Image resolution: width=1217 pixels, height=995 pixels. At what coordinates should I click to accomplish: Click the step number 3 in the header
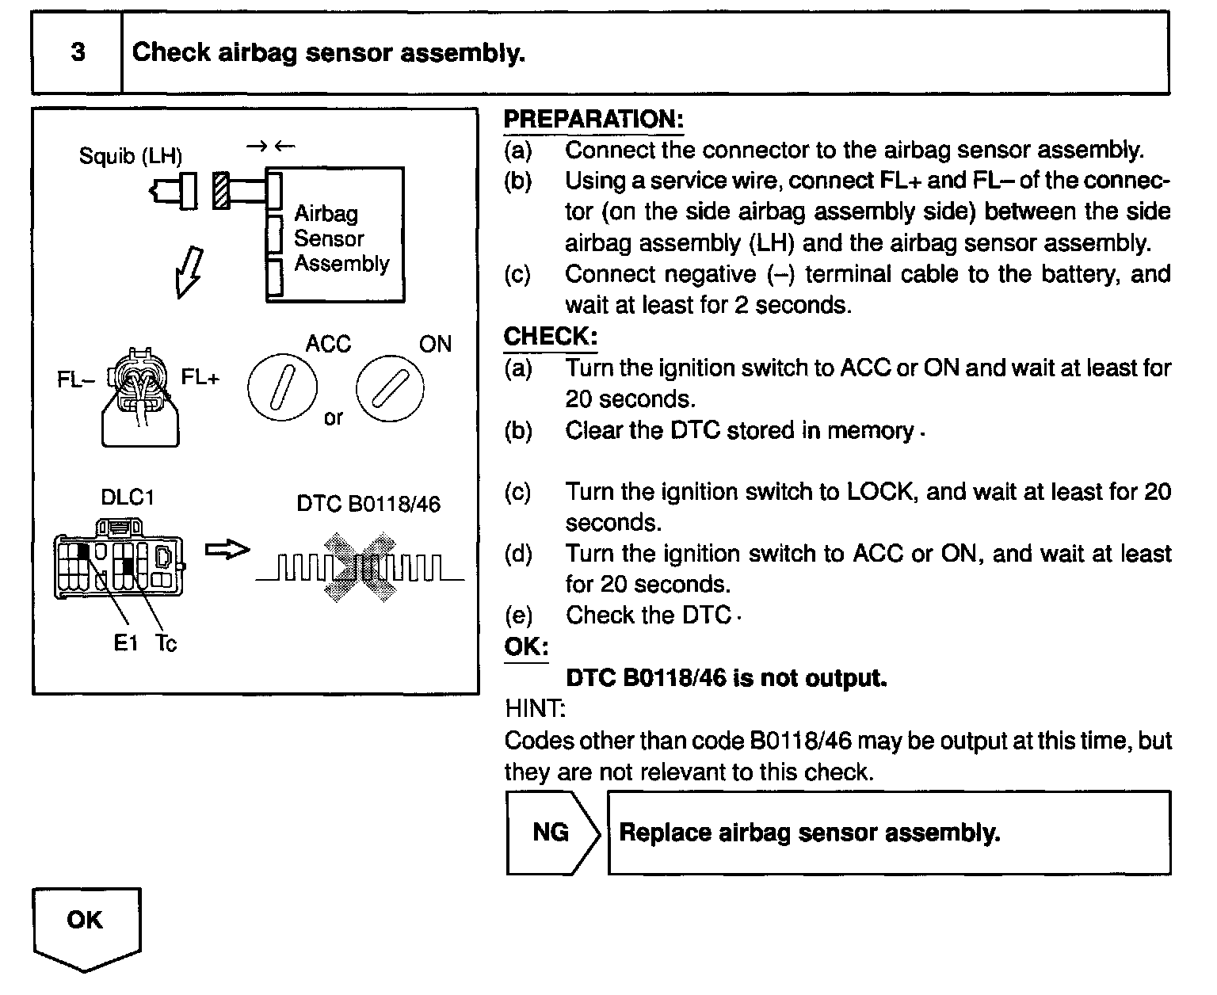78,52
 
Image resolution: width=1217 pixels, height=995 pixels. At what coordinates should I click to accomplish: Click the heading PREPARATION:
593,120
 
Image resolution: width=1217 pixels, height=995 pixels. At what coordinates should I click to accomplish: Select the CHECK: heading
550,336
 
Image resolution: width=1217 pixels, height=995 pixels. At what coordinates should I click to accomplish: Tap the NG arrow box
551,833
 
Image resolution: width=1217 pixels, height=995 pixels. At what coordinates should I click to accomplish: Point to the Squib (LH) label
130,156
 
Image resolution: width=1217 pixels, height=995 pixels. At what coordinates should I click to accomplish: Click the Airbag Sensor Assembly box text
341,238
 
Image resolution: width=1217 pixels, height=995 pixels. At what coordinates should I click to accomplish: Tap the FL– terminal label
74,379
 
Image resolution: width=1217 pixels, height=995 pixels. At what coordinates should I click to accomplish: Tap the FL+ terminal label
200,378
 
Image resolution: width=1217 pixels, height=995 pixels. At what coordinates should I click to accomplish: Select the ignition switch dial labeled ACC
281,390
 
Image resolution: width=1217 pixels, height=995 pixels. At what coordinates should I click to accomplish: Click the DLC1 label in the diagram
127,497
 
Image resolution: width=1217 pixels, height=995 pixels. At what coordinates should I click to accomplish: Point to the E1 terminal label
125,643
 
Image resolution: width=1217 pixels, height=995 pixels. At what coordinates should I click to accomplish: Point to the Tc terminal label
166,643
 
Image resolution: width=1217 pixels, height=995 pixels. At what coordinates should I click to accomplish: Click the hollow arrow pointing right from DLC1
227,550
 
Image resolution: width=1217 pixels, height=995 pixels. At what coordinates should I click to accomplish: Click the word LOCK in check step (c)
879,492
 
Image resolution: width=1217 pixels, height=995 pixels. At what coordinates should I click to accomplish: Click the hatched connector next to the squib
221,191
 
